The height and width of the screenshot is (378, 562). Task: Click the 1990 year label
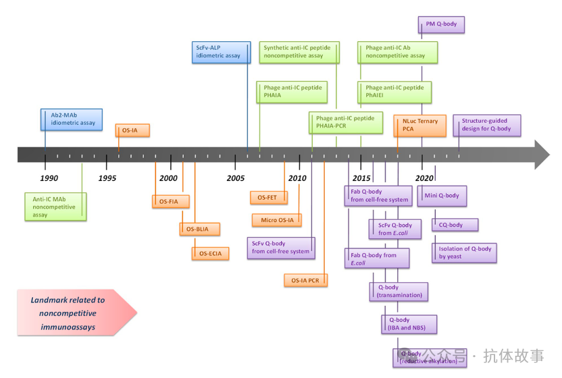[x=49, y=178]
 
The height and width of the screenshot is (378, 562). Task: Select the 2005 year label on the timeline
[x=236, y=178]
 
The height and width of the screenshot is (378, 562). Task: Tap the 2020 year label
[x=424, y=178]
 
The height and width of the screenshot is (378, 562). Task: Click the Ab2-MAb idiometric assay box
[x=72, y=119]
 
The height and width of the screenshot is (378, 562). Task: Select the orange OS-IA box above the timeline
[x=133, y=130]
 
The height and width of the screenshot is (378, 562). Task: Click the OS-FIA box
[x=170, y=201]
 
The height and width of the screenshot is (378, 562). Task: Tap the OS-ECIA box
[x=211, y=254]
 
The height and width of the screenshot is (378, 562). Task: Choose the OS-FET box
[x=268, y=198]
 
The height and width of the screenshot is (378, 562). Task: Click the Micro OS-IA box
[x=277, y=220]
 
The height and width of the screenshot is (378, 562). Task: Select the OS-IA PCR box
[x=306, y=279]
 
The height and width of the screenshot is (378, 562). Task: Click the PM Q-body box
[x=442, y=25]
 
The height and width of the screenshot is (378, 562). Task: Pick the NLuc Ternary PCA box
[x=420, y=125]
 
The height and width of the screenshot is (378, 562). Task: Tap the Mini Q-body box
[x=442, y=196]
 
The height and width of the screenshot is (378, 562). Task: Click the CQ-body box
[x=455, y=225]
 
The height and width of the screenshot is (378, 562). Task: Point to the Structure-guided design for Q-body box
[x=487, y=125]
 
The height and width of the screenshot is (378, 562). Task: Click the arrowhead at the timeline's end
[x=540, y=155]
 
